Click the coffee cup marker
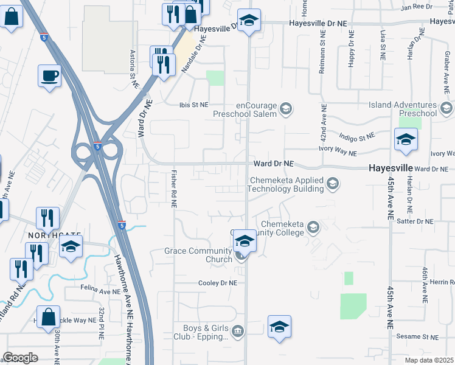(x=50, y=77)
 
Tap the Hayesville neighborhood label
(x=391, y=168)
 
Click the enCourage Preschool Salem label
(x=245, y=109)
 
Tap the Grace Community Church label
(x=198, y=255)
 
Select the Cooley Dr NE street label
(x=217, y=283)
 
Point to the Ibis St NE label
(x=193, y=105)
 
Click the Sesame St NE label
(x=417, y=336)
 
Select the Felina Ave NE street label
(x=100, y=292)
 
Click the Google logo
(x=20, y=358)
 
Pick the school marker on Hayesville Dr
(x=249, y=20)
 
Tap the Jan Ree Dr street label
(x=416, y=7)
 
